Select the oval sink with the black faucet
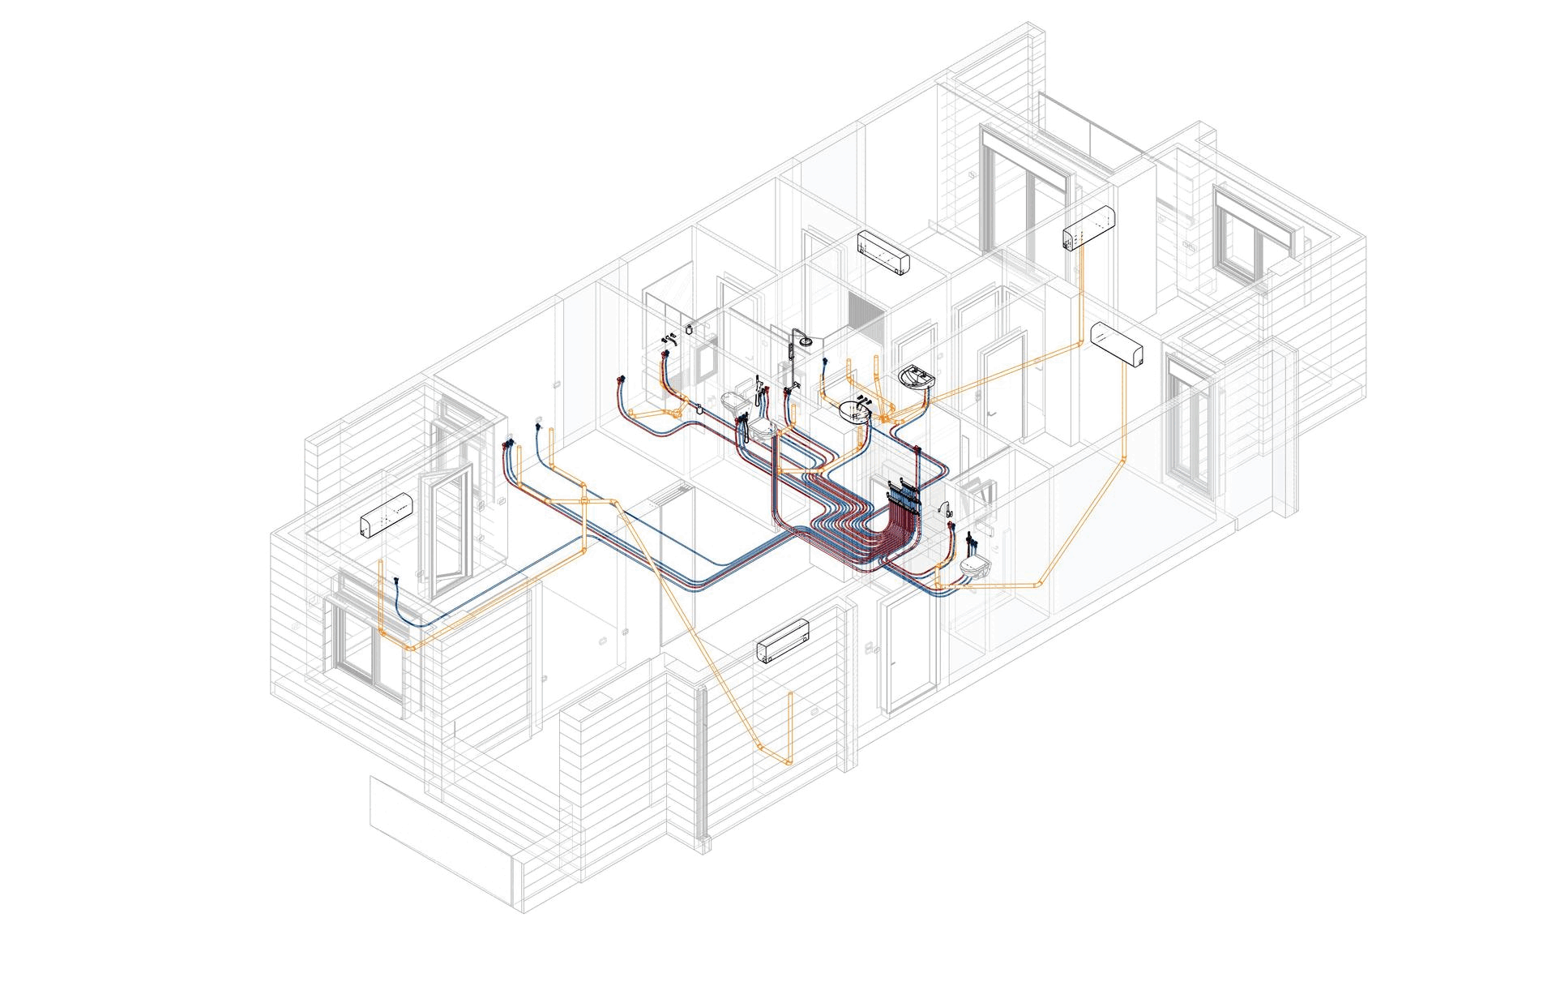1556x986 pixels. coord(855,411)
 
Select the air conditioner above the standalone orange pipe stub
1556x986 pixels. coord(783,641)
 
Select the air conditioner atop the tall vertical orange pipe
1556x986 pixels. coord(1088,228)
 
